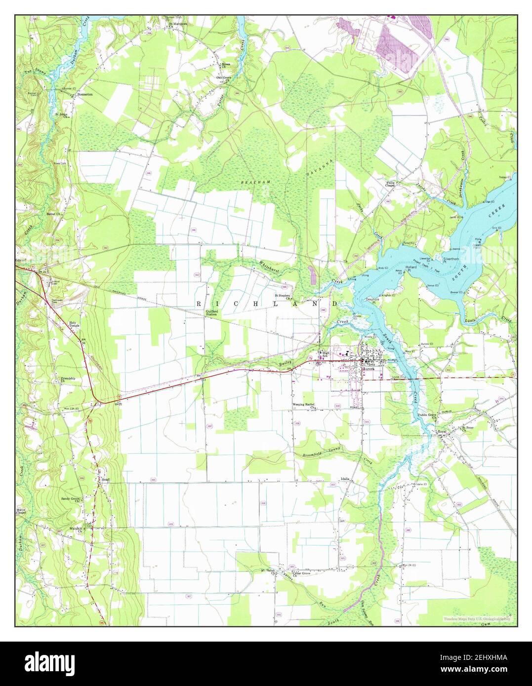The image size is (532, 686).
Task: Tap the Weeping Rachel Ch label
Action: (x=304, y=406)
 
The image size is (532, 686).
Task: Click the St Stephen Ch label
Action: (x=283, y=297)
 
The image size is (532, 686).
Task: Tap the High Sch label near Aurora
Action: (x=325, y=354)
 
